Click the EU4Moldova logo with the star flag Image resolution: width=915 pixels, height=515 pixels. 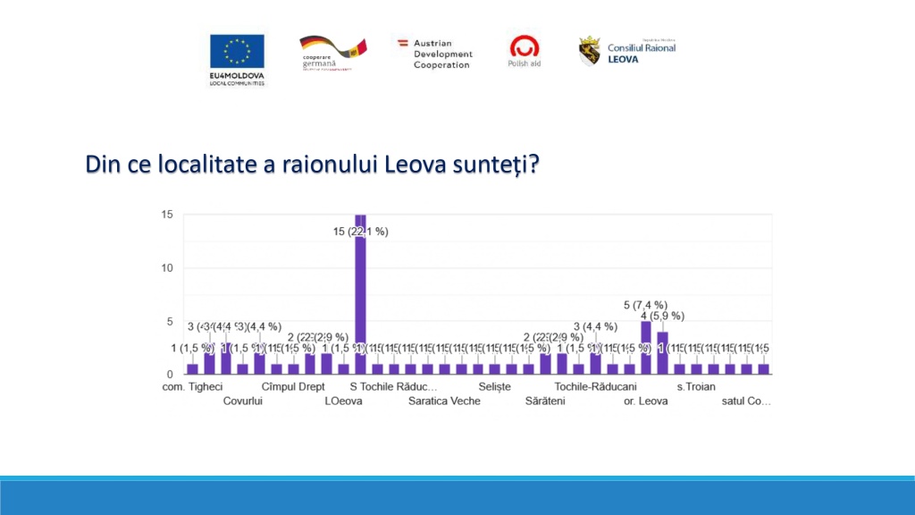pos(237,58)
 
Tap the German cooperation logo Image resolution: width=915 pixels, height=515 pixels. pos(332,53)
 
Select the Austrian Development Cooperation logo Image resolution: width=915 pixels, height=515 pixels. pos(435,54)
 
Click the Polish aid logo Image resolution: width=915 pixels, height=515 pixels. pos(525,51)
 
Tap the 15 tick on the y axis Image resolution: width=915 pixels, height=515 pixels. pos(167,215)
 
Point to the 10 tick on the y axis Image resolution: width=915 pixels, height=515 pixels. pos(167,268)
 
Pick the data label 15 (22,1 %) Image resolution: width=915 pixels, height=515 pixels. pos(361,232)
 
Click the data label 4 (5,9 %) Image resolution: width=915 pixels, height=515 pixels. pos(662,316)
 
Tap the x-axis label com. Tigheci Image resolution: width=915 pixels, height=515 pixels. pos(192,387)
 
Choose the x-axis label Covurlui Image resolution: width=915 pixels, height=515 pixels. pos(243,401)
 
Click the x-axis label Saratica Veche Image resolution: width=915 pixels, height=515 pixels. pos(444,401)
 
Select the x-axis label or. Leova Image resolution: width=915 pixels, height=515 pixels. pos(646,401)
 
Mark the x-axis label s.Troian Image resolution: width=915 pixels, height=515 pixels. pos(696,387)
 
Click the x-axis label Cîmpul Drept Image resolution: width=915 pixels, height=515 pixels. pos(293,387)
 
